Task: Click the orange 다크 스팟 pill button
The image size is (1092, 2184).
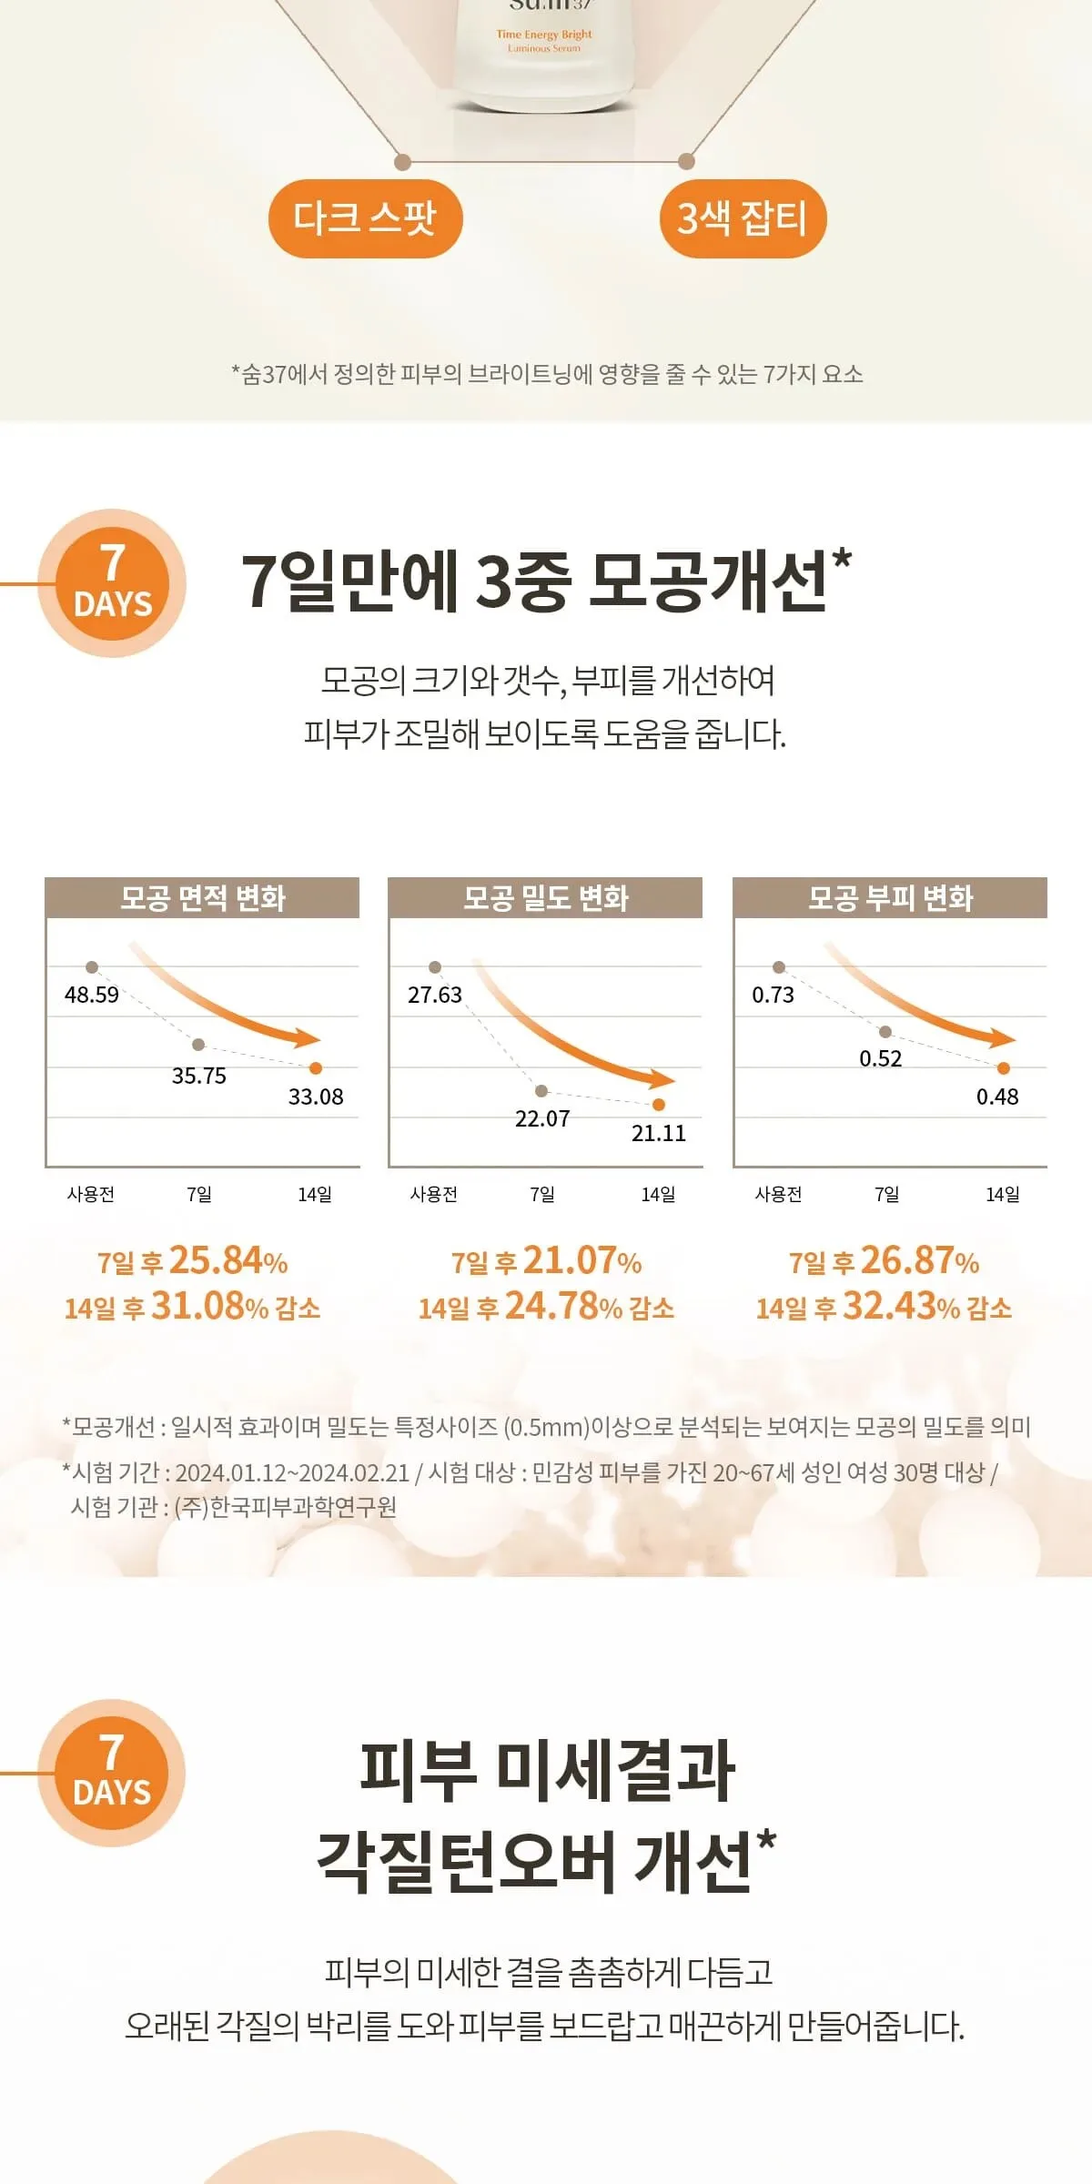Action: click(x=365, y=218)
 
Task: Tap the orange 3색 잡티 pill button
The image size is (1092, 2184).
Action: click(x=743, y=218)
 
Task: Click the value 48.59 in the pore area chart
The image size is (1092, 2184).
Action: click(x=92, y=995)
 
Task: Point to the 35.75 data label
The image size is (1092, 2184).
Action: click(x=199, y=1076)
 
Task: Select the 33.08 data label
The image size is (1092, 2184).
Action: click(x=316, y=1097)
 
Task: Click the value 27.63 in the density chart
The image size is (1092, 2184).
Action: click(x=435, y=995)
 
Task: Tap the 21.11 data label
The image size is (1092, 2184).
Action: click(x=659, y=1133)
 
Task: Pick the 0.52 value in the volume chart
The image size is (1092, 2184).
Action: click(x=881, y=1058)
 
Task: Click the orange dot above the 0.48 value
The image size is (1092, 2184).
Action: click(x=1004, y=1068)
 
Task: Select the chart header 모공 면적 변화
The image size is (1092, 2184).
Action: click(x=203, y=898)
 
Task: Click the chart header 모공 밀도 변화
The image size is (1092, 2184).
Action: click(x=546, y=898)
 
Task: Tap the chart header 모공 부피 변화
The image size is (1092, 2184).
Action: click(x=891, y=898)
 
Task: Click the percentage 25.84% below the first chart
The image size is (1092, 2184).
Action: click(x=228, y=1260)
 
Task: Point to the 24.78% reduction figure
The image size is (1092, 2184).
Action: click(x=563, y=1307)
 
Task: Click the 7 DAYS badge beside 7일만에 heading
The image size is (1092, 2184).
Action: click(x=113, y=583)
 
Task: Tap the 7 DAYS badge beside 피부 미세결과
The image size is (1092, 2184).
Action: click(x=112, y=1773)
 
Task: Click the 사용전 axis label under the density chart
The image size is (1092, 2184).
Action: click(x=434, y=1194)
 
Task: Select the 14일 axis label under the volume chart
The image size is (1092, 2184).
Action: click(x=1003, y=1194)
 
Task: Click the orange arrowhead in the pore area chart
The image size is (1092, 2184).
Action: click(x=307, y=1038)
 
